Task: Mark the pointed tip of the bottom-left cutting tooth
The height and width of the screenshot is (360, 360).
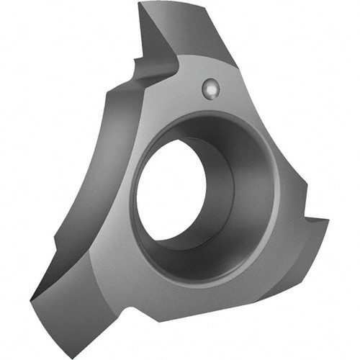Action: [x=32, y=297]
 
